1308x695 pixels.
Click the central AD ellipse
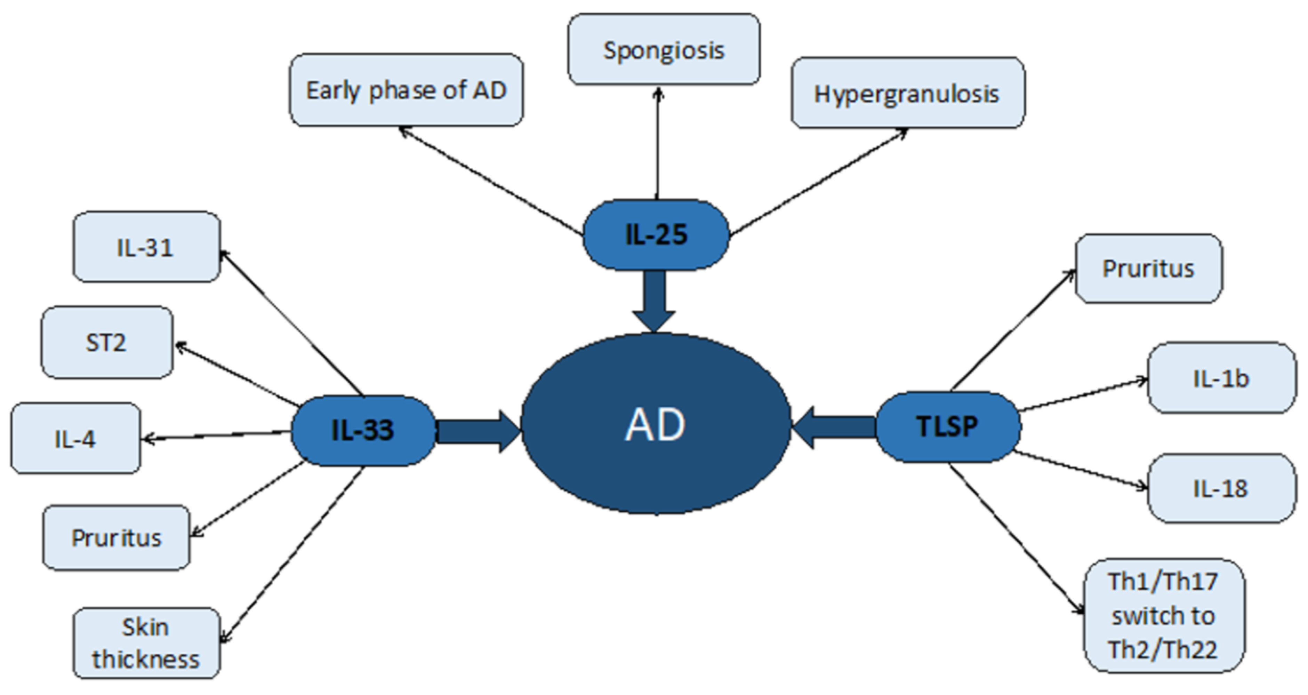point(655,424)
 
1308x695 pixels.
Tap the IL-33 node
point(362,430)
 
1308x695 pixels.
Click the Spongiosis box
point(664,50)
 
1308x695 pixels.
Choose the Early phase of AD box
point(406,90)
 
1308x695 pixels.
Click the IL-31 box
point(146,247)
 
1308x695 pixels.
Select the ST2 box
point(107,342)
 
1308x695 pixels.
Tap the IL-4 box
point(75,438)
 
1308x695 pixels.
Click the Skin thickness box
point(146,643)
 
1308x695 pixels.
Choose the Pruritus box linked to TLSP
point(1149,268)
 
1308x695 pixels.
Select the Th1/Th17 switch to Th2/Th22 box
point(1163,615)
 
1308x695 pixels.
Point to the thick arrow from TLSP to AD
point(835,427)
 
